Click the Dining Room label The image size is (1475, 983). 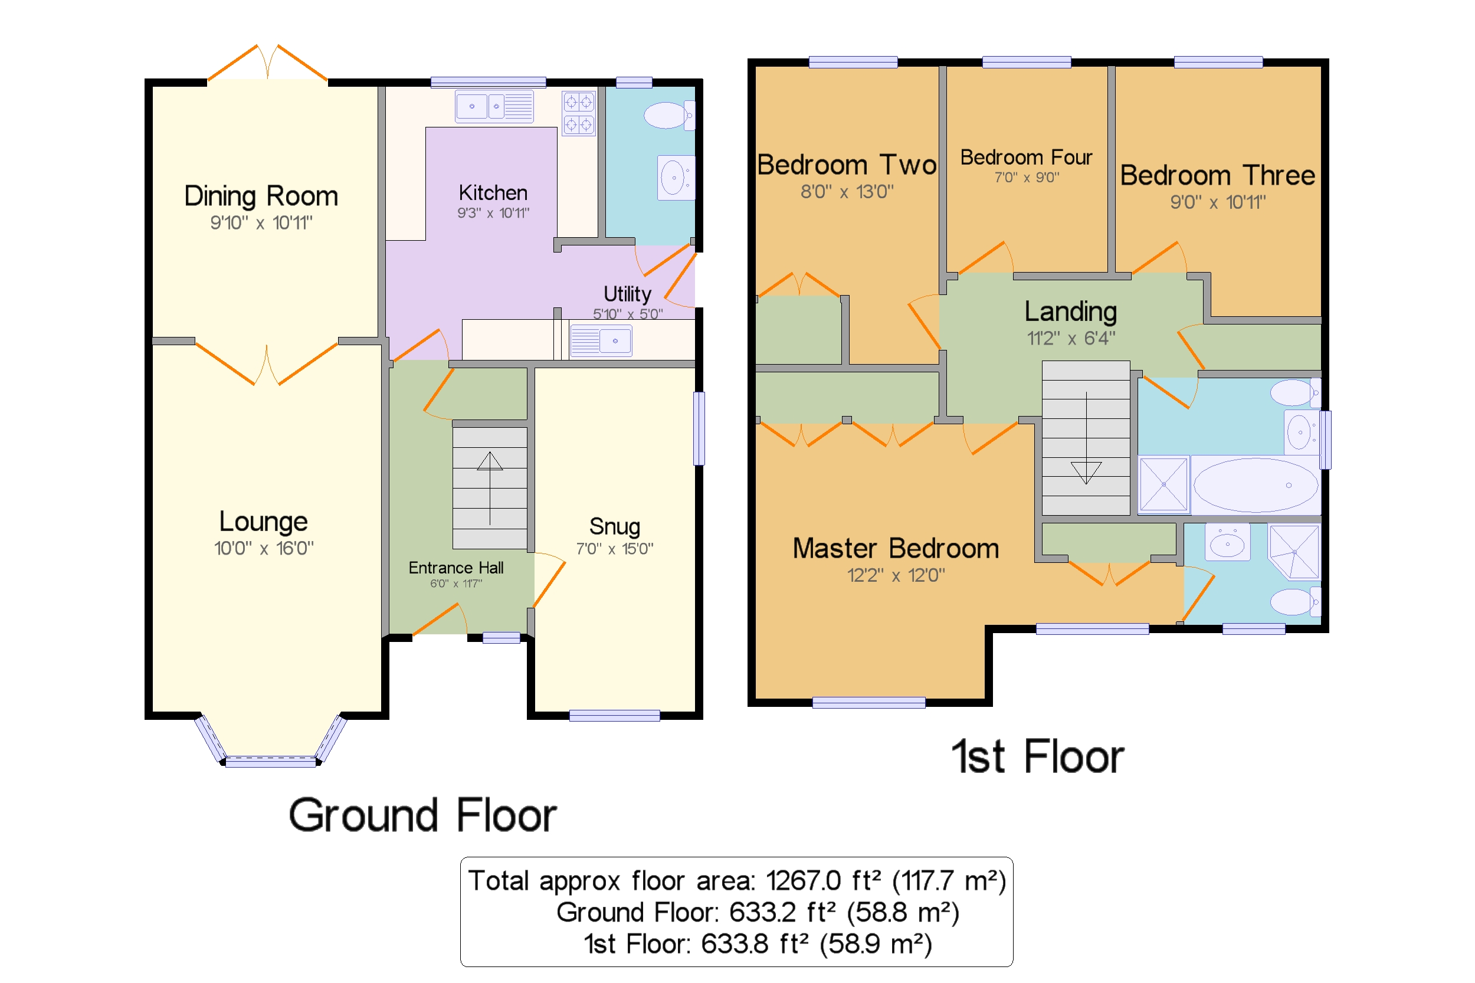(x=261, y=196)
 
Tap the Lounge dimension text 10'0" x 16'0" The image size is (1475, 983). (x=264, y=548)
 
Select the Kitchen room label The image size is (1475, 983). (x=493, y=192)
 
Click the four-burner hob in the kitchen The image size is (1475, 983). (x=578, y=113)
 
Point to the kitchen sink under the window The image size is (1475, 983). (x=494, y=106)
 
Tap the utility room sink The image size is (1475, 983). (x=600, y=340)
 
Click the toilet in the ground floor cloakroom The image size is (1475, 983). (x=669, y=116)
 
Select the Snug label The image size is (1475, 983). (x=614, y=526)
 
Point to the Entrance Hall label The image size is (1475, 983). (x=455, y=568)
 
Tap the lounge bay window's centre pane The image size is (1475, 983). (x=271, y=762)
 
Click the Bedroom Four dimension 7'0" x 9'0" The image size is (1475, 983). (x=1026, y=178)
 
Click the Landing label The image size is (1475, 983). (x=1070, y=311)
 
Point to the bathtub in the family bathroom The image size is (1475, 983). (x=1255, y=484)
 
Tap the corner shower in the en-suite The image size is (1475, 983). (x=1294, y=552)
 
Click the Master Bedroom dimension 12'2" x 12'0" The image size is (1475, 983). (x=896, y=575)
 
